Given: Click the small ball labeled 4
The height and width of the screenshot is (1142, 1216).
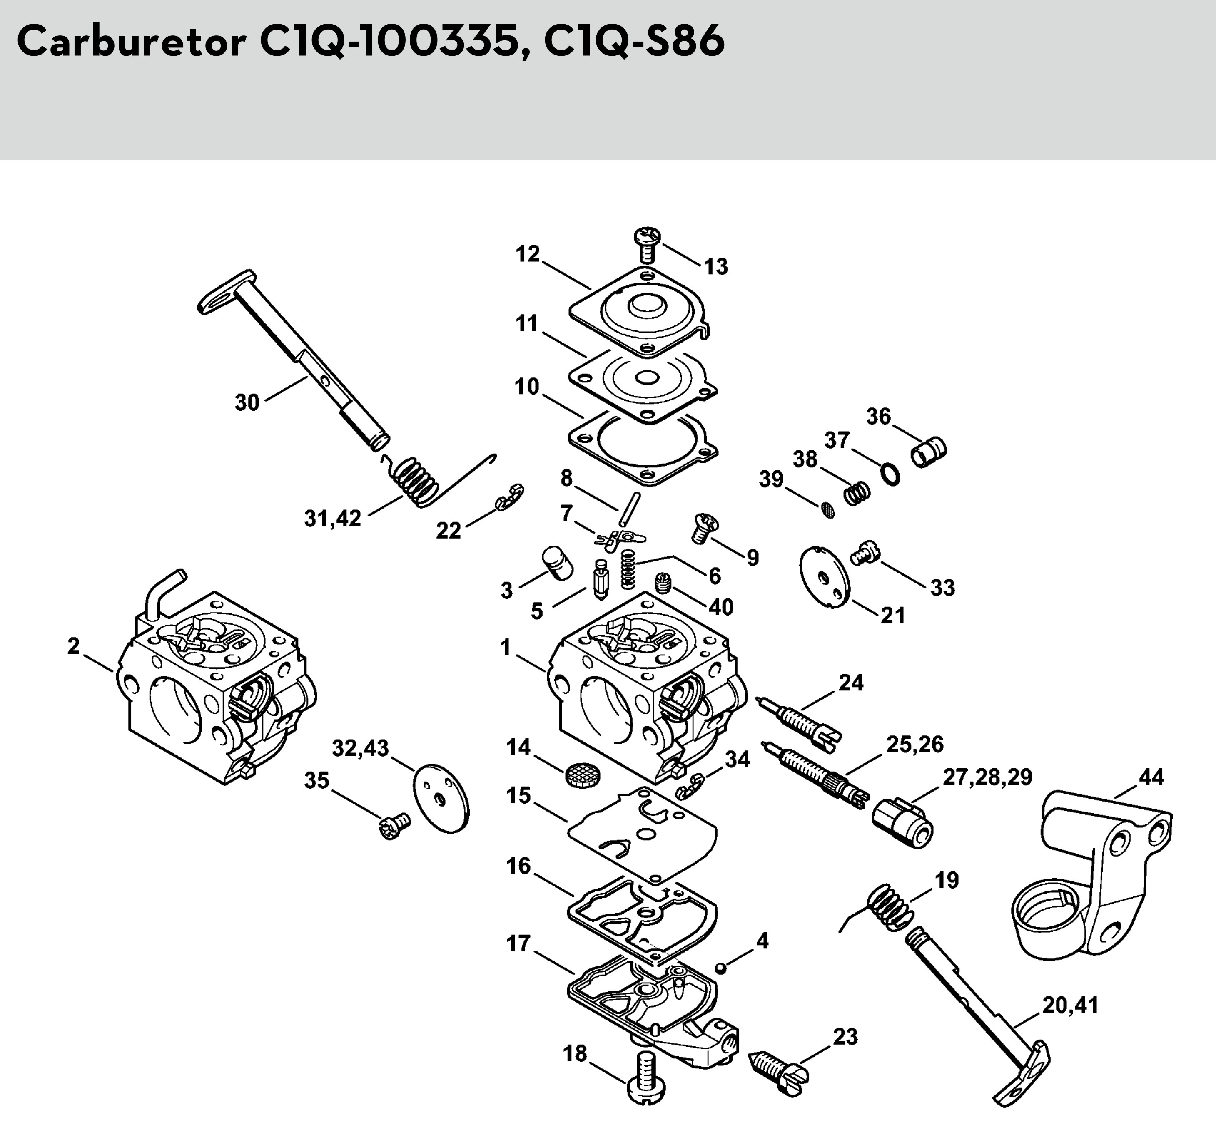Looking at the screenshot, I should click(x=721, y=968).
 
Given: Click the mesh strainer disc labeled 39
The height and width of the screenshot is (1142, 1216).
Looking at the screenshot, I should click(x=827, y=510).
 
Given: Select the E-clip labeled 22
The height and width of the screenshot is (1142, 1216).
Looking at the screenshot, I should click(x=510, y=495).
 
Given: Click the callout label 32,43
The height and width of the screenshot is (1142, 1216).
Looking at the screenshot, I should click(x=360, y=748).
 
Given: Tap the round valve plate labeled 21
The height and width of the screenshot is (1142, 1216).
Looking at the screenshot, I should click(x=825, y=576).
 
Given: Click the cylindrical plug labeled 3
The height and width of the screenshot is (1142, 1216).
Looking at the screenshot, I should click(x=557, y=562).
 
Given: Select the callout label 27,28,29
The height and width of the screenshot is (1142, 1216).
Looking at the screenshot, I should click(x=987, y=777).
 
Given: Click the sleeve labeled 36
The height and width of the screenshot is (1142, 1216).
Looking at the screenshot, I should click(x=929, y=452).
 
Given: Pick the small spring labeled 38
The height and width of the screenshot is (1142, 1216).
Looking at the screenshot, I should click(x=857, y=492).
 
